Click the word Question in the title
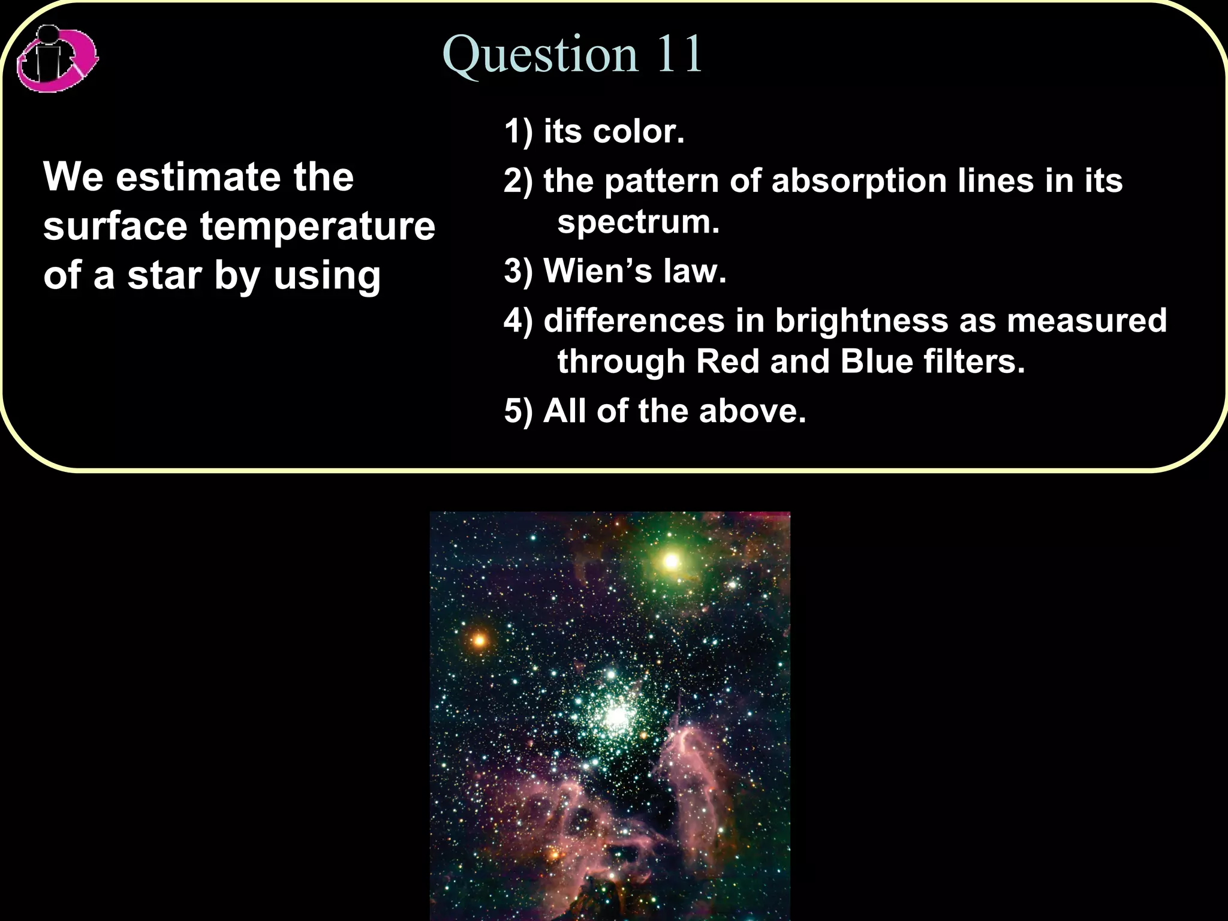pos(540,55)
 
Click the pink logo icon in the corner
pos(57,59)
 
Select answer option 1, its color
pos(594,131)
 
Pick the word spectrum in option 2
pos(638,222)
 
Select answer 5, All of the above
pos(655,411)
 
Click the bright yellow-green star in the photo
pos(671,562)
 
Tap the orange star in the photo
pos(479,640)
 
